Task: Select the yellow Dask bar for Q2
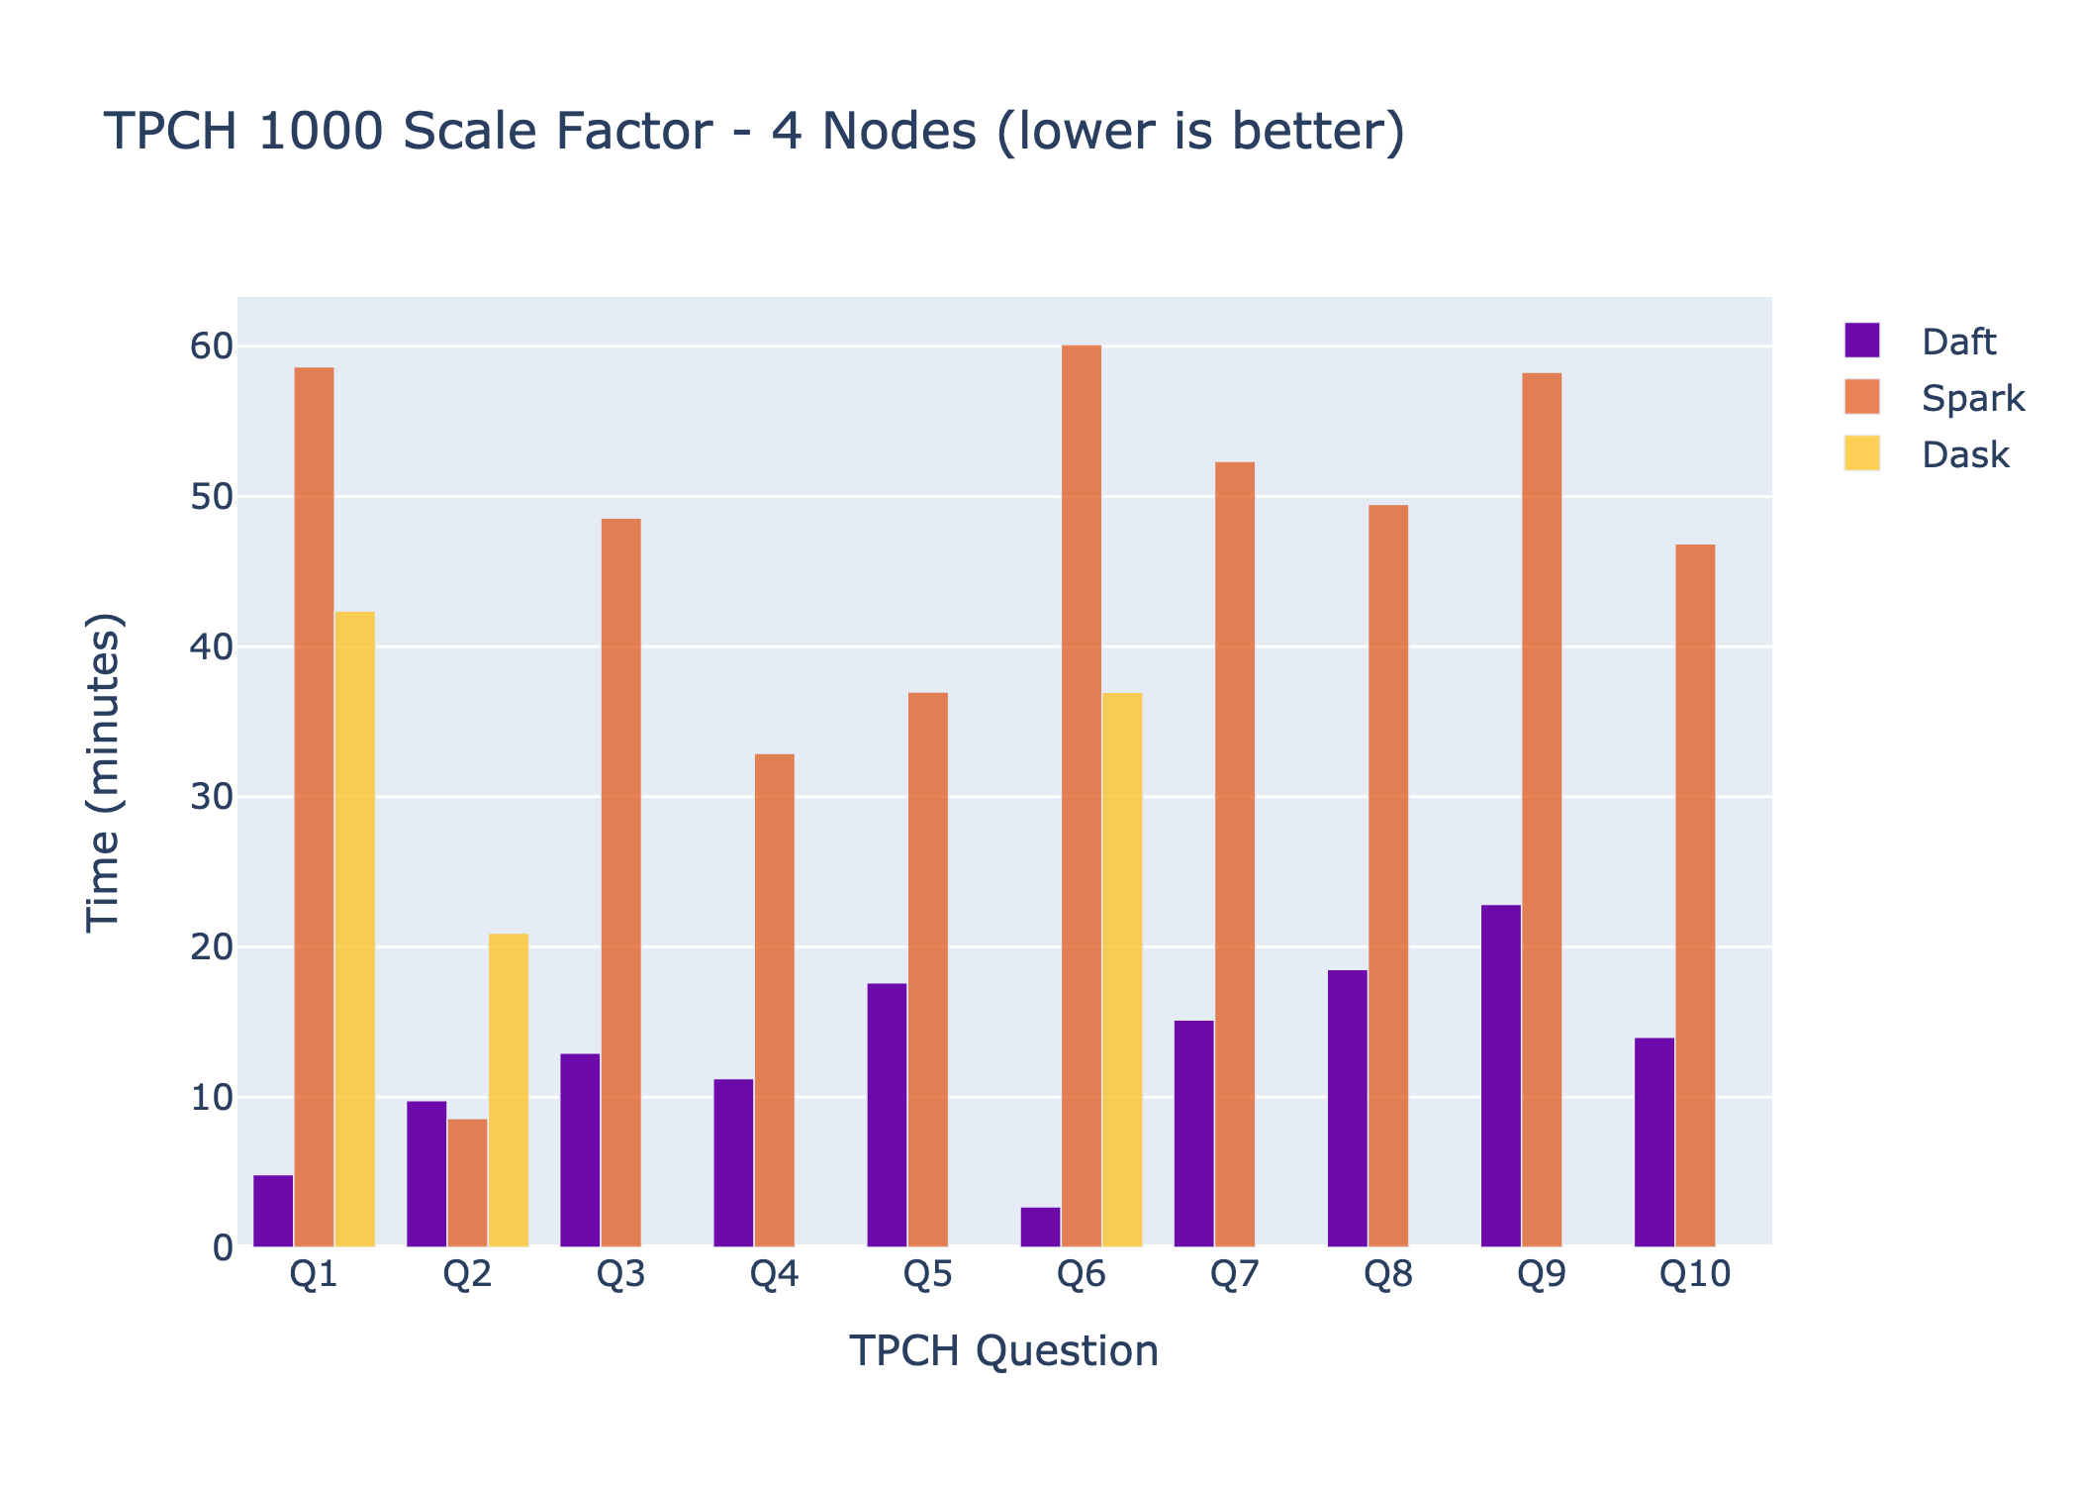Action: coord(508,1089)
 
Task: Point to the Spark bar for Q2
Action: coord(467,1182)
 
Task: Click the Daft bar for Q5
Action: coord(887,1114)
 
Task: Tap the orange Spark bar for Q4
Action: coord(774,1000)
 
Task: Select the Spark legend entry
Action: coord(1972,398)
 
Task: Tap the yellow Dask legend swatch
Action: coord(1861,453)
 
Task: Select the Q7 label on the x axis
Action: coord(1234,1274)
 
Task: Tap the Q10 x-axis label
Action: coord(1694,1274)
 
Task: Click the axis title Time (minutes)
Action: coord(103,772)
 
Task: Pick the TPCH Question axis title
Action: coord(1003,1350)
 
